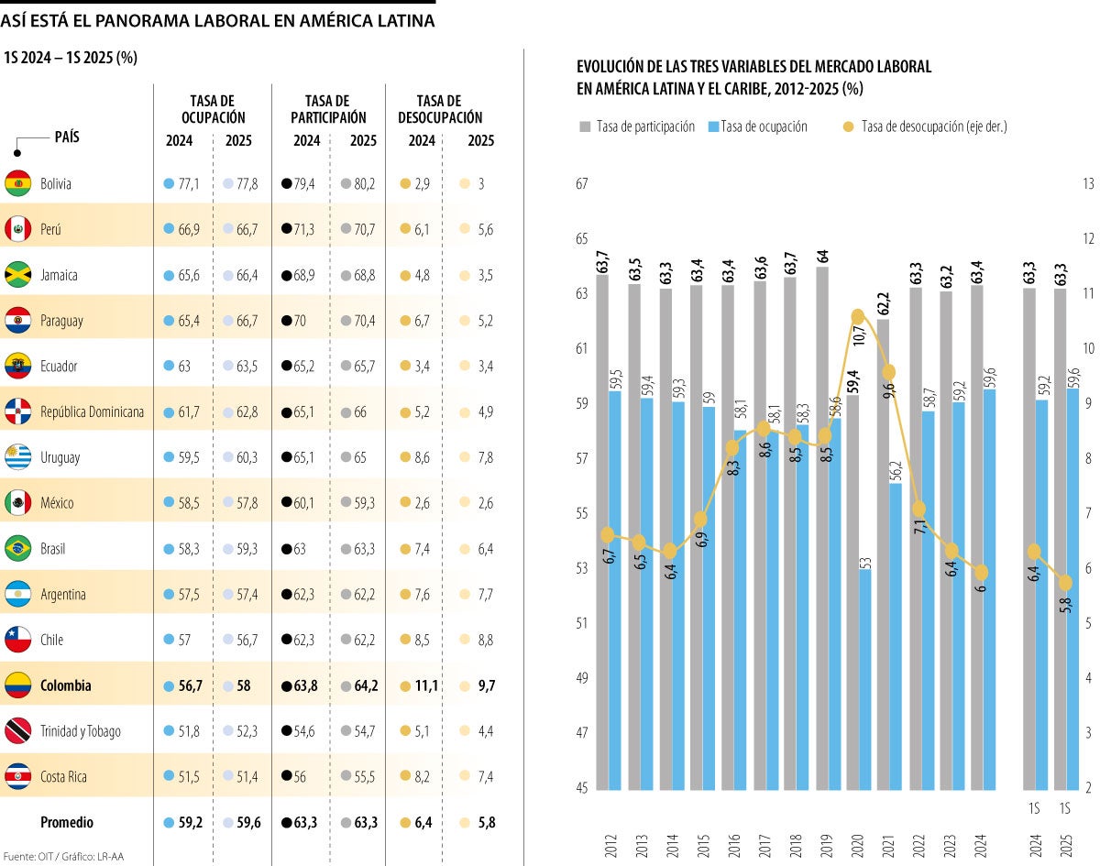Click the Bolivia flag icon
tap(18, 183)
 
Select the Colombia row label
tap(65, 685)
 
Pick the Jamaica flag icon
tap(18, 275)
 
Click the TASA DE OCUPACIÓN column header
tap(212, 109)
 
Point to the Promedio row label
tap(66, 823)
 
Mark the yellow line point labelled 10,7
tap(858, 317)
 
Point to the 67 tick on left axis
tap(581, 184)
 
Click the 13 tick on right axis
tap(1088, 184)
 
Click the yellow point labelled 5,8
tap(1065, 583)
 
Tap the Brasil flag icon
tap(18, 549)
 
